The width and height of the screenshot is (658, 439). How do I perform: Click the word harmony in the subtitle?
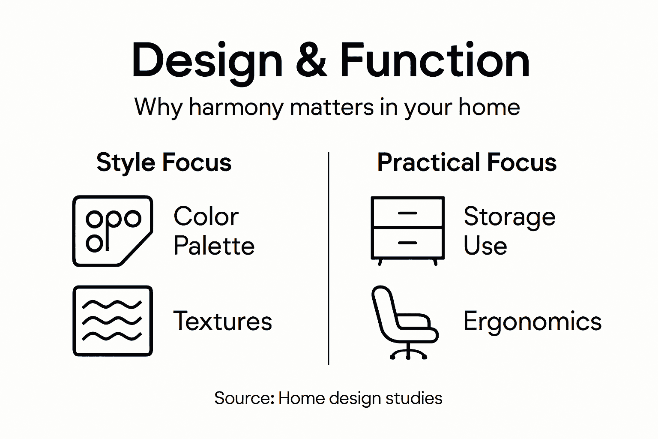click(x=236, y=107)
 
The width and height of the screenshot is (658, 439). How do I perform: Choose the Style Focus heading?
click(x=164, y=162)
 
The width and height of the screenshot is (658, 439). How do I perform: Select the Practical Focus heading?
click(x=467, y=162)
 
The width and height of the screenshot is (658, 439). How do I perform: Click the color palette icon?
click(x=113, y=231)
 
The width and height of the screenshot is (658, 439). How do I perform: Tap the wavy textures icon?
click(x=113, y=321)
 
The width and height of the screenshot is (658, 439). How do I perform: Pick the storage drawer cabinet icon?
click(x=407, y=230)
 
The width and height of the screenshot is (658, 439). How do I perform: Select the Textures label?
click(x=222, y=321)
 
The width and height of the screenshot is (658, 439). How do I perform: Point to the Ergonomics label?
click(x=532, y=321)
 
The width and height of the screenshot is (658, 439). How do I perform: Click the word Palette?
click(x=214, y=246)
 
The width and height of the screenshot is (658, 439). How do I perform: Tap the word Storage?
click(x=509, y=216)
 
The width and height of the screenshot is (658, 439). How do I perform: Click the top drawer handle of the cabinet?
click(x=407, y=213)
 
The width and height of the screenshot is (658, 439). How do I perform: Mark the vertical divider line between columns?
click(x=329, y=257)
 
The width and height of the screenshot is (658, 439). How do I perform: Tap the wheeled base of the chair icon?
click(x=408, y=353)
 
